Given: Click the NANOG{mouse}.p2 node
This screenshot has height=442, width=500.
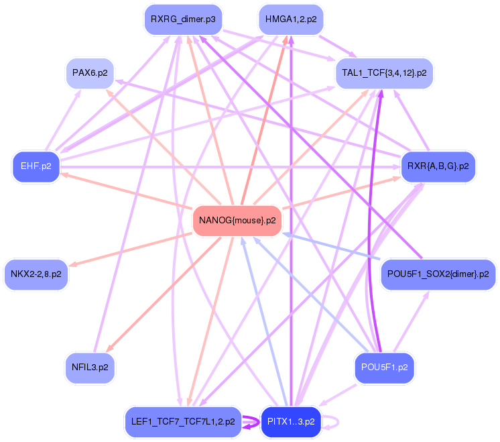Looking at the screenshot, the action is pyautogui.click(x=237, y=221).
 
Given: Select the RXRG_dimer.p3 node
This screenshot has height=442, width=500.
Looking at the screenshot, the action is pyautogui.click(x=183, y=19).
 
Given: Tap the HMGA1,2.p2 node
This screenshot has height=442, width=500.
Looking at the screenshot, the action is pyautogui.click(x=291, y=19).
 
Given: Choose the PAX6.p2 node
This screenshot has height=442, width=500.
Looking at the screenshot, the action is pyautogui.click(x=90, y=73).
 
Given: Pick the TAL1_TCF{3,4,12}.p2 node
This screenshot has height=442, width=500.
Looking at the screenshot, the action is pyautogui.click(x=384, y=73).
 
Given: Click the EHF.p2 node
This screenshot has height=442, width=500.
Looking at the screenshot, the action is pyautogui.click(x=36, y=166).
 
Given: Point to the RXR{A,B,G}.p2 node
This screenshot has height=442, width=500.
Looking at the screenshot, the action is pyautogui.click(x=438, y=166).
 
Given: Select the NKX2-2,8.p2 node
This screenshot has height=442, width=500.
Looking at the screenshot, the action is pyautogui.click(x=36, y=274).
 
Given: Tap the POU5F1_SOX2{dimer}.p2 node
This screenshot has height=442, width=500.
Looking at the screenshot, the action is pyautogui.click(x=438, y=274).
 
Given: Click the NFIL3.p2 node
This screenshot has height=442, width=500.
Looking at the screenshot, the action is pyautogui.click(x=90, y=368).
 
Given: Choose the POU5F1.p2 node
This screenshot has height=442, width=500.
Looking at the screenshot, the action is pyautogui.click(x=384, y=368).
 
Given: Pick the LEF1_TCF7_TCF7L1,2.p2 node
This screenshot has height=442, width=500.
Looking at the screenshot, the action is pyautogui.click(x=183, y=422).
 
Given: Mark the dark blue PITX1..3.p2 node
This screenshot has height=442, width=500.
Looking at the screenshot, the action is pyautogui.click(x=291, y=422).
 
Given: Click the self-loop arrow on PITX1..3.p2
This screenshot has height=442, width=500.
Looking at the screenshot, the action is pyautogui.click(x=338, y=422).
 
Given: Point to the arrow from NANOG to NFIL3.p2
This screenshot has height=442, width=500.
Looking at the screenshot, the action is pyautogui.click(x=164, y=295).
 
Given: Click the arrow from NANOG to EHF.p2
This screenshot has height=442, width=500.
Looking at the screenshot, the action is pyautogui.click(x=127, y=190).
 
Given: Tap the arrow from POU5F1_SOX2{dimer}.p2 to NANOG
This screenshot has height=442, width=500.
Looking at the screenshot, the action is pyautogui.click(x=331, y=245).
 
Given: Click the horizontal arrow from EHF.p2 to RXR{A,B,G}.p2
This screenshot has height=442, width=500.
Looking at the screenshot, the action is pyautogui.click(x=231, y=167).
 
